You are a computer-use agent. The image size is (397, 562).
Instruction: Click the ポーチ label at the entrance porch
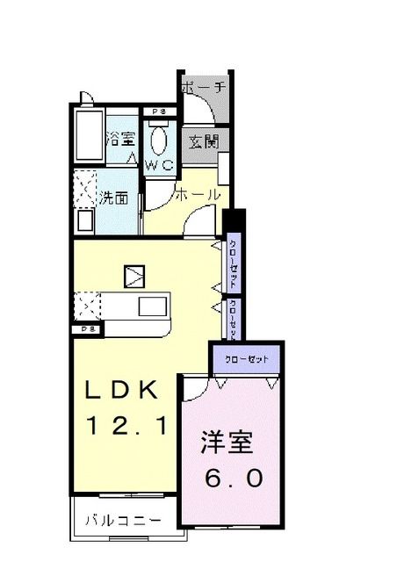(x=204, y=88)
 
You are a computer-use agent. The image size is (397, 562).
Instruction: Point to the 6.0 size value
(x=234, y=479)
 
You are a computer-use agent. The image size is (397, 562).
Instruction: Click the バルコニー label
(x=123, y=521)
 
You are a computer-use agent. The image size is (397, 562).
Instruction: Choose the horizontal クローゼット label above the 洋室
(x=246, y=358)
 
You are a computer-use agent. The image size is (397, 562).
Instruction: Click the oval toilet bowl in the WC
(x=158, y=140)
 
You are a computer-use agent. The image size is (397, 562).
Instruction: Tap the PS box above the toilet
(x=158, y=112)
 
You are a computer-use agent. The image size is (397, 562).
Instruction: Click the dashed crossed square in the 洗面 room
(x=86, y=187)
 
